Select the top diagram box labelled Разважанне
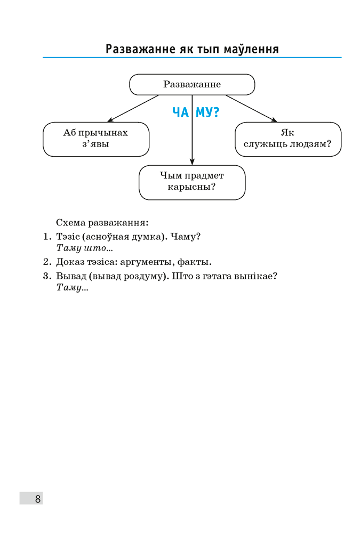click(x=192, y=84)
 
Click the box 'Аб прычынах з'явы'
click(x=96, y=139)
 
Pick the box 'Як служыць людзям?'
click(x=288, y=139)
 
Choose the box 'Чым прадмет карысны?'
click(x=192, y=182)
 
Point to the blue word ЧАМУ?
click(x=196, y=112)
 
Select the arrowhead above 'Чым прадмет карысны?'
click(x=192, y=161)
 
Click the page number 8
click(x=38, y=499)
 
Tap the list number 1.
click(x=46, y=236)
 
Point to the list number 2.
click(x=46, y=262)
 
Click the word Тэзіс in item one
click(x=68, y=236)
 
